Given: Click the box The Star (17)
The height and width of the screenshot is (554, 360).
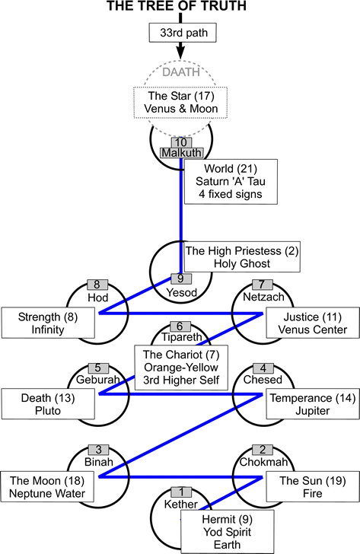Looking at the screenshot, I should pos(180,103).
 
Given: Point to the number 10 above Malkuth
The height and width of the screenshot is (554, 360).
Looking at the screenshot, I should pos(180,142).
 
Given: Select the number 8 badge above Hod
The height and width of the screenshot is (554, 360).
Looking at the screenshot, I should pos(97,286).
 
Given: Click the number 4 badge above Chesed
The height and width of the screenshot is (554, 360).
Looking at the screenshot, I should pos(263,368).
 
